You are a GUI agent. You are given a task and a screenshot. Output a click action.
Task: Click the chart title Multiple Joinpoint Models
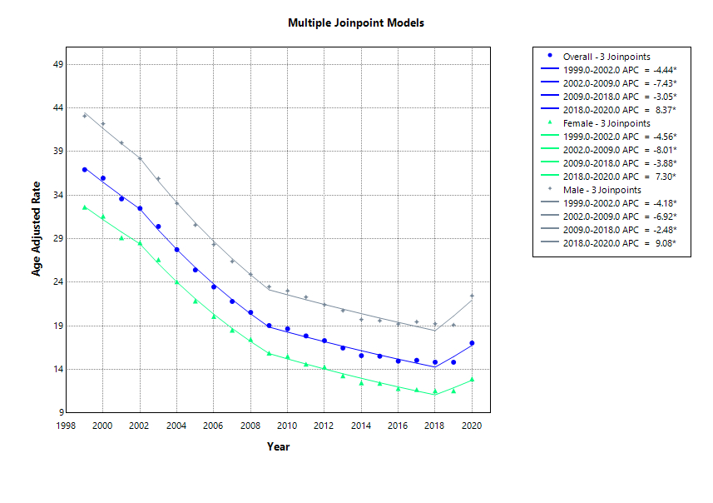356,22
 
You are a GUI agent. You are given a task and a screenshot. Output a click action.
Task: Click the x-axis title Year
278,447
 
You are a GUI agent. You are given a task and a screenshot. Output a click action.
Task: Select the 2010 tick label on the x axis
287,426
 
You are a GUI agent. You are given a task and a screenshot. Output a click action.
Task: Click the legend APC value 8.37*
665,109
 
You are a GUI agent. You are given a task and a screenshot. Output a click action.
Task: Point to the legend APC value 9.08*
665,242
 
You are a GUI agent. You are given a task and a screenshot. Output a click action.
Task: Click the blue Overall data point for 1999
84,169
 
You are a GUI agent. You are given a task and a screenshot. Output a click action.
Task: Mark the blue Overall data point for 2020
472,343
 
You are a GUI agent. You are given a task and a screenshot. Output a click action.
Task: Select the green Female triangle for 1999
84,207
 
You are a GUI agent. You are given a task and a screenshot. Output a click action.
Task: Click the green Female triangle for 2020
472,380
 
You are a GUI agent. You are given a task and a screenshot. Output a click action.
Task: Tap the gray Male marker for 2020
472,296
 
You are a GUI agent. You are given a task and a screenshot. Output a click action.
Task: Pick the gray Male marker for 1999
84,116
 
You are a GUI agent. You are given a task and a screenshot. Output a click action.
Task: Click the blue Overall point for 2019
453,362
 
